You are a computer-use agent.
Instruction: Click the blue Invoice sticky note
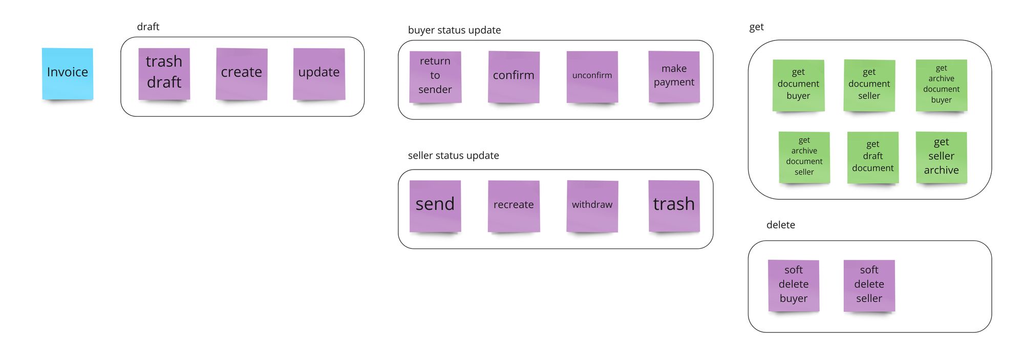[x=68, y=73]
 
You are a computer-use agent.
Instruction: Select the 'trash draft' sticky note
[x=164, y=73]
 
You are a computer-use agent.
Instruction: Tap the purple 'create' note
[x=241, y=73]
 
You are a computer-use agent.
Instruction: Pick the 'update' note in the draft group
[x=318, y=73]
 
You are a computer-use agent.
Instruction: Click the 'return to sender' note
[x=435, y=76]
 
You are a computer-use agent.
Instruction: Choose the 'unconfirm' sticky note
[x=592, y=76]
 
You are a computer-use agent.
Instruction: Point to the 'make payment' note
[x=674, y=76]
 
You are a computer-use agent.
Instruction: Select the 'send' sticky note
[x=435, y=205]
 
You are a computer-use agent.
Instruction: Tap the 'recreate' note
[x=514, y=205]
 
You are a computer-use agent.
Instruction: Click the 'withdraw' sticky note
[x=592, y=205]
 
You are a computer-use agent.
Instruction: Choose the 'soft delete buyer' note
[x=794, y=285]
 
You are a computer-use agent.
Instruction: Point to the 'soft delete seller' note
[x=869, y=285]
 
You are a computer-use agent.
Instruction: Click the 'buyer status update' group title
[x=454, y=30]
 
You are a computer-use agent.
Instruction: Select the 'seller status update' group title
[x=453, y=156]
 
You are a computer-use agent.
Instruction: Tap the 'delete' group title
[x=780, y=225]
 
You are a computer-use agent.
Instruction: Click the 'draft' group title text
[x=148, y=27]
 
